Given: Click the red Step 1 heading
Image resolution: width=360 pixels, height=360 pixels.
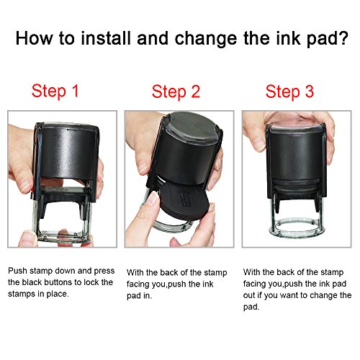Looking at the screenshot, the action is [x=55, y=91].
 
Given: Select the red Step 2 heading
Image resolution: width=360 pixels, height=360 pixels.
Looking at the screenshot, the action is [x=176, y=92].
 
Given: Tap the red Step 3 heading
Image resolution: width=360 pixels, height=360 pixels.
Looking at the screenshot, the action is [x=289, y=91].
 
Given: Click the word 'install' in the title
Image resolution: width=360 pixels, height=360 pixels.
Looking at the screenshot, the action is [x=106, y=38].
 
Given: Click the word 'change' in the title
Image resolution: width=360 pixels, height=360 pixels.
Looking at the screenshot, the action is [x=206, y=39].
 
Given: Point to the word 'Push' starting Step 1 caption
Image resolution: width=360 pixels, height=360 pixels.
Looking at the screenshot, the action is [x=17, y=271].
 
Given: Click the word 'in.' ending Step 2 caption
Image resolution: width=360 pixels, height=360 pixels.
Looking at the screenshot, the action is [x=148, y=295].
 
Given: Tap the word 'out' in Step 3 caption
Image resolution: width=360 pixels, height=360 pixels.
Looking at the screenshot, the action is [x=249, y=295].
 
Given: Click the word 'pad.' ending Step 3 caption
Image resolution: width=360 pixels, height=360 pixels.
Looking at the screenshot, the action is [x=251, y=307].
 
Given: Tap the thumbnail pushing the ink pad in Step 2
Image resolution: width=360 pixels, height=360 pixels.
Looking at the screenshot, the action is [x=153, y=198].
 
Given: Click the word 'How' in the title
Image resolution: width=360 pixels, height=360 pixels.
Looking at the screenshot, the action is [x=34, y=38].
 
